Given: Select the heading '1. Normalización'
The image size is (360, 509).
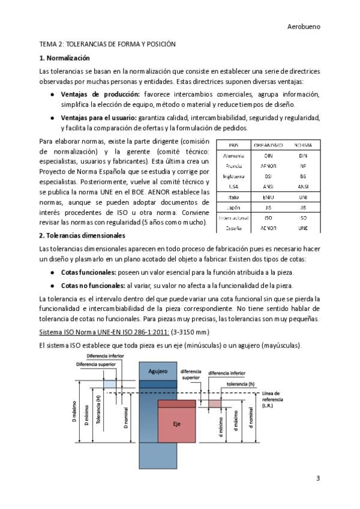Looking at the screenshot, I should pos(64,58).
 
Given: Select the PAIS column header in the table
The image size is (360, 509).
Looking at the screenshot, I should pos(235,145).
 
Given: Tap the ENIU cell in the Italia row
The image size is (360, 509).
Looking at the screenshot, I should pos(268,196).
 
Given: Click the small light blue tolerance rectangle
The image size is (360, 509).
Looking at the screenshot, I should pos(110,384).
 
